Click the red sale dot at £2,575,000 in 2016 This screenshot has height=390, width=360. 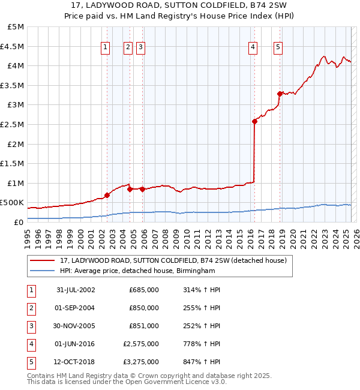pos(254,121)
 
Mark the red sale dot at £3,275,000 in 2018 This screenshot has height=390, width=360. pos(280,94)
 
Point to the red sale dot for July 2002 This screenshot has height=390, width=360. pos(107,195)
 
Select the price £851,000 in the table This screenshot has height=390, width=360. pos(144,326)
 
